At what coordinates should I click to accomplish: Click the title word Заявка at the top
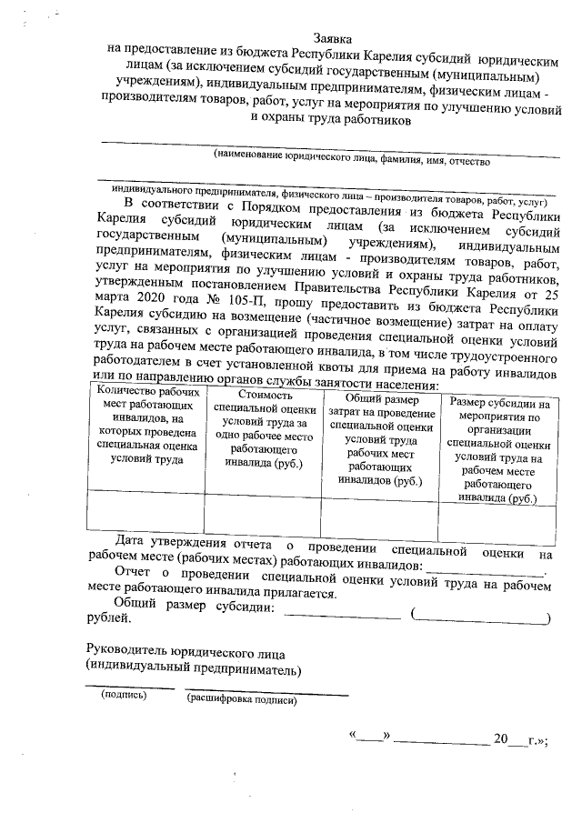click(333, 38)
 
